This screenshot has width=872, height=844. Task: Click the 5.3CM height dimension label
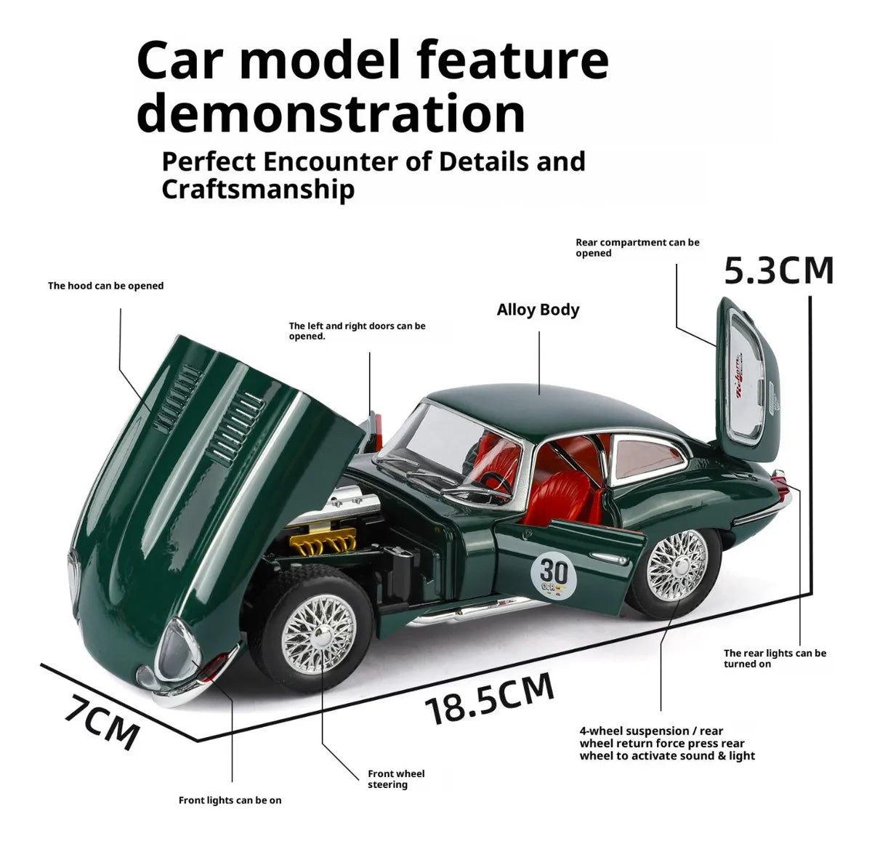pyautogui.click(x=778, y=270)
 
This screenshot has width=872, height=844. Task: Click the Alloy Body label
pyautogui.click(x=538, y=310)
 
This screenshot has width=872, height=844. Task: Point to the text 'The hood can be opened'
pyautogui.click(x=106, y=286)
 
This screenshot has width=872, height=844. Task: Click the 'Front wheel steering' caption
pyautogui.click(x=396, y=779)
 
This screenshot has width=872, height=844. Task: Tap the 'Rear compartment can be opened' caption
pyautogui.click(x=637, y=247)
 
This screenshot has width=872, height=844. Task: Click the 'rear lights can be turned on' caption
pyautogui.click(x=775, y=659)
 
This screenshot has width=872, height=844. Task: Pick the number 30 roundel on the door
pyautogui.click(x=554, y=574)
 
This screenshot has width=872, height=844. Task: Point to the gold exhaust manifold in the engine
pyautogui.click(x=323, y=541)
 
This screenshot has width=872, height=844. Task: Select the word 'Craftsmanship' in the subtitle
pyautogui.click(x=258, y=189)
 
